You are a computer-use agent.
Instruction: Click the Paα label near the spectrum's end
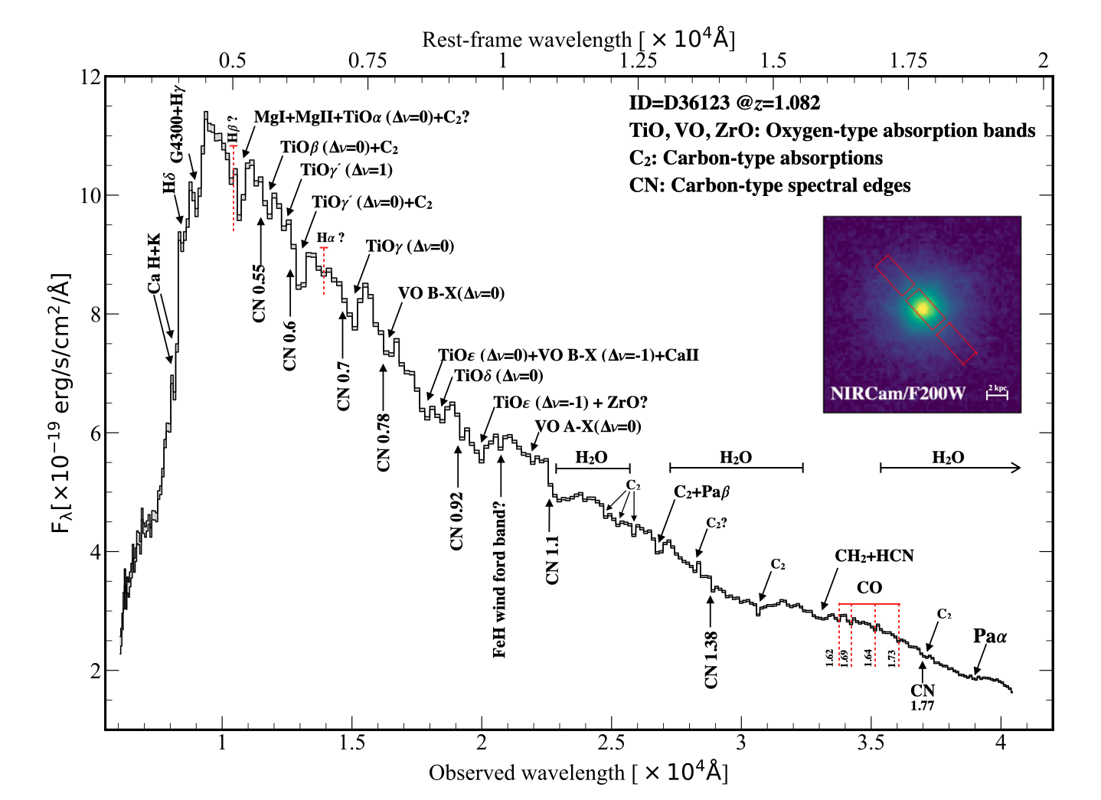[990, 636]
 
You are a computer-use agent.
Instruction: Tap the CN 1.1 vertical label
[552, 560]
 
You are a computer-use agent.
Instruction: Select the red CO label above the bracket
[869, 588]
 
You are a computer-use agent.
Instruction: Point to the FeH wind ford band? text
[500, 580]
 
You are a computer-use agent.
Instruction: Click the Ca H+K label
[155, 264]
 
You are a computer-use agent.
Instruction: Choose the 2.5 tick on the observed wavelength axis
[611, 743]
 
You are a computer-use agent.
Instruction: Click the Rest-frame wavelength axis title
[578, 39]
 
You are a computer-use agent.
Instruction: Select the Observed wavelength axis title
[578, 772]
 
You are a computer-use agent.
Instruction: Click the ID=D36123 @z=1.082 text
[724, 103]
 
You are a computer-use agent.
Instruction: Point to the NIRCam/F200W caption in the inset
[898, 394]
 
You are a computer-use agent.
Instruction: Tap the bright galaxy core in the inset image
[923, 309]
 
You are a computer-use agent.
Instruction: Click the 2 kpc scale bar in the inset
[997, 393]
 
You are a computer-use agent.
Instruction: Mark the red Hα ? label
[331, 238]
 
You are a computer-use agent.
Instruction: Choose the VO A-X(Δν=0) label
[588, 426]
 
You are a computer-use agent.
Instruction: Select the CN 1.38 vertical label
[711, 659]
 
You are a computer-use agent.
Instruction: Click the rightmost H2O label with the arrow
[948, 458]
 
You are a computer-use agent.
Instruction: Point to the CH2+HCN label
[874, 556]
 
